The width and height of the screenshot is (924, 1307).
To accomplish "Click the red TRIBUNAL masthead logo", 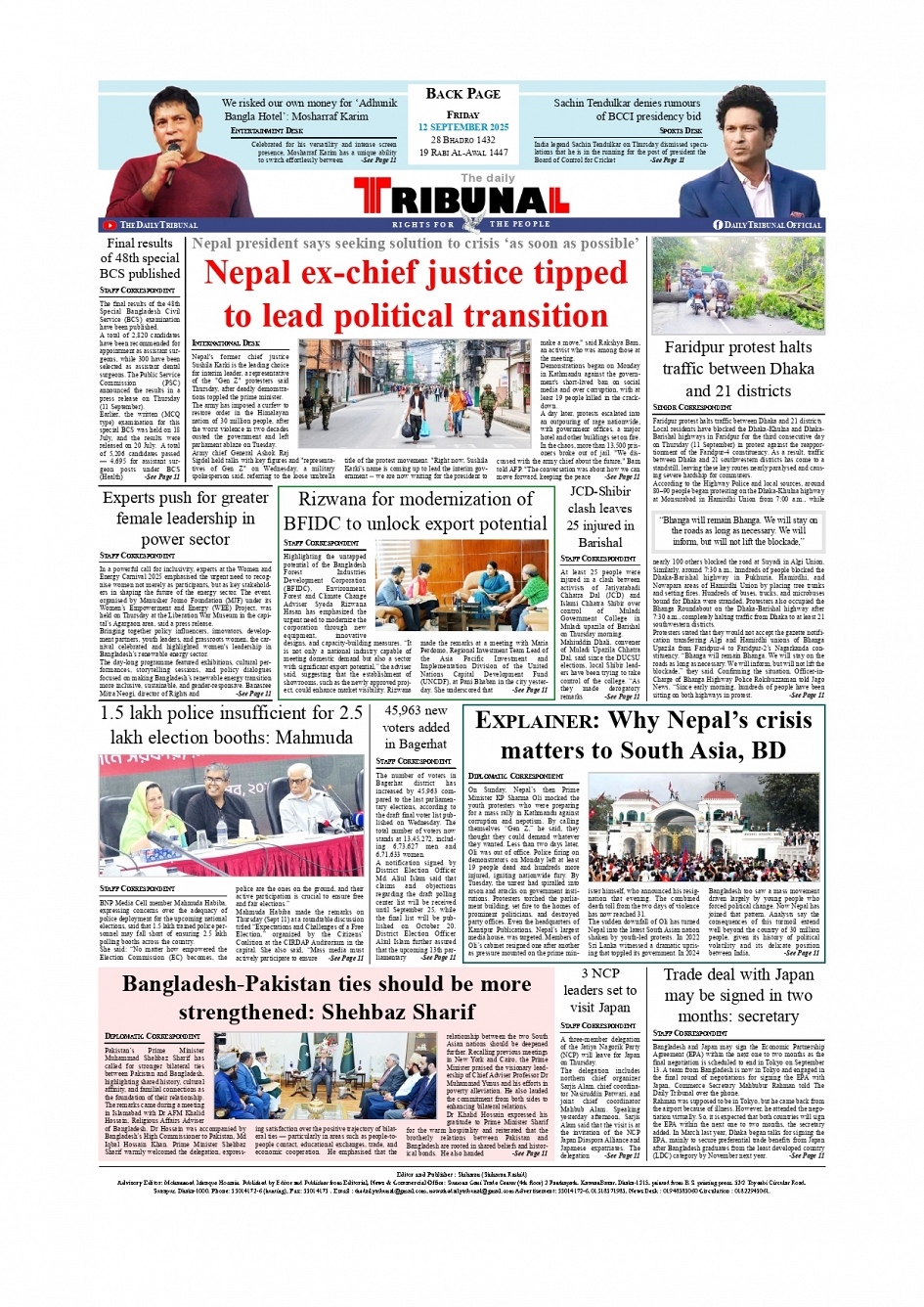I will (462, 201).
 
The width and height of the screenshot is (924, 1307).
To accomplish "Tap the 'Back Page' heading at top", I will (462, 94).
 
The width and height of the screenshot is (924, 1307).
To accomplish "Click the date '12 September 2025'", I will (462, 127).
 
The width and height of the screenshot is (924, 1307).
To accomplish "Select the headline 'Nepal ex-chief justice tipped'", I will (416, 273).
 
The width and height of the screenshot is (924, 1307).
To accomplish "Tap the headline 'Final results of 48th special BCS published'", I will (140, 258).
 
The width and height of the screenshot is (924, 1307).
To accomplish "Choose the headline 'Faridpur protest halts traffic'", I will (738, 369).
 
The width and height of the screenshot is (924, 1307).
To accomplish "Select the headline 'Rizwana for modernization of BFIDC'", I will (416, 511).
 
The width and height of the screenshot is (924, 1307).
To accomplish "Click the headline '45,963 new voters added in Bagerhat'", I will (416, 727).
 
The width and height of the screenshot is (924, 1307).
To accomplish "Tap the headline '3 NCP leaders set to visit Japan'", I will (599, 990).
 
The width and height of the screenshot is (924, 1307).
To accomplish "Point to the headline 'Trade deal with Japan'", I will (738, 995).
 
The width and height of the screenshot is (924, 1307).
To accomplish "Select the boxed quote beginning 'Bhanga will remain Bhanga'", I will (738, 531).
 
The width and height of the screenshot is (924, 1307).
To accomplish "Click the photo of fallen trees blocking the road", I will (738, 285).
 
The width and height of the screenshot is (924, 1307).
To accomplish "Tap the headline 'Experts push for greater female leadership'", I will (185, 518).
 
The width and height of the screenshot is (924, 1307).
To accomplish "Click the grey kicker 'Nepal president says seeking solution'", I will (416, 244).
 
